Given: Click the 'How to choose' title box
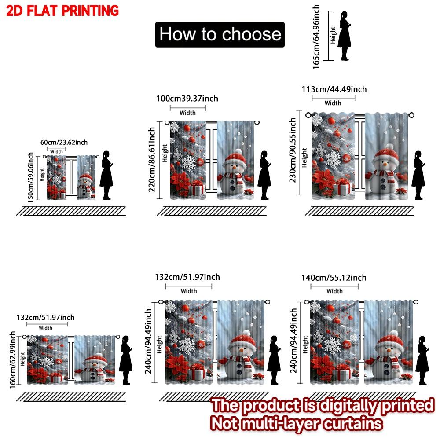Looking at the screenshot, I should pos(220,34).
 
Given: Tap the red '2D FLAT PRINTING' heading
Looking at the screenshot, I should pos(62,10).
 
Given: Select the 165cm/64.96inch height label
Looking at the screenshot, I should pos(316,37).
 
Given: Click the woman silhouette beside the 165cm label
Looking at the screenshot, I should pos(344,36).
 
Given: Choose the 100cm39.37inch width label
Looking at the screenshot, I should pos(187,98).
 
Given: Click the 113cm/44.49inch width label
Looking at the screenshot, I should pos(334,89).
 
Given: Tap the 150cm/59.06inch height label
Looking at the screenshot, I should pos(30,177).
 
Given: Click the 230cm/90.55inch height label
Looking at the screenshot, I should pos(293,150).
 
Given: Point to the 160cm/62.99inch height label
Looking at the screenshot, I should pos(13,360).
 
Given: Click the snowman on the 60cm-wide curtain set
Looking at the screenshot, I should pos(86,186).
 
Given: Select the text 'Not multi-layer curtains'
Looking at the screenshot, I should pos(297,423).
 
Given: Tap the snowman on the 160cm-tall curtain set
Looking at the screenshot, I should pos(92,368).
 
